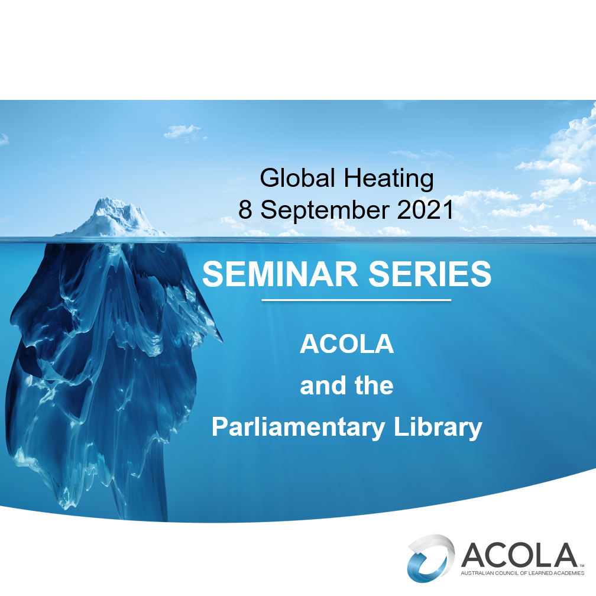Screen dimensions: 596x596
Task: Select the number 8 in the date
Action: pyautogui.click(x=245, y=210)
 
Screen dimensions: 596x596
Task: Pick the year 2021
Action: pyautogui.click(x=425, y=210)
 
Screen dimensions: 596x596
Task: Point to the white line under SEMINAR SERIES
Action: pyautogui.click(x=356, y=300)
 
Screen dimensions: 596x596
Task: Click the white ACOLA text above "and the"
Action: pyautogui.click(x=346, y=344)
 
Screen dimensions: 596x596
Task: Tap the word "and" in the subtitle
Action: pyautogui.click(x=323, y=386)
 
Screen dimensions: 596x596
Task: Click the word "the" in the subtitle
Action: pyautogui.click(x=374, y=386)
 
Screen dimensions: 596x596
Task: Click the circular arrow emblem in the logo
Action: pyautogui.click(x=430, y=556)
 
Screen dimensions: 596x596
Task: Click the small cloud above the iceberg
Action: pyautogui.click(x=182, y=131)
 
